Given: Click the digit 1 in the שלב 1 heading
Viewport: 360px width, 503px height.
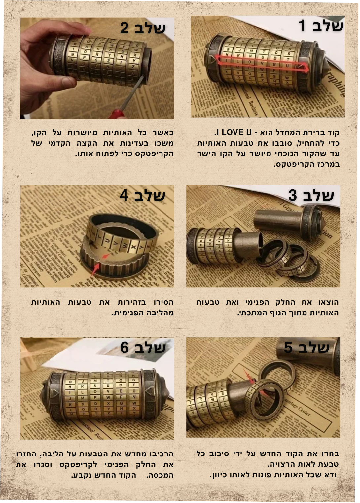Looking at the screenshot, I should pyautogui.click(x=302, y=26).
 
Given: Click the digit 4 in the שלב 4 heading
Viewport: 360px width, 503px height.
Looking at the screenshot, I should pyautogui.click(x=124, y=195).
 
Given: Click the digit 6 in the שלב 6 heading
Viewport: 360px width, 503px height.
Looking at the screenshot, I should pyautogui.click(x=125, y=348).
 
